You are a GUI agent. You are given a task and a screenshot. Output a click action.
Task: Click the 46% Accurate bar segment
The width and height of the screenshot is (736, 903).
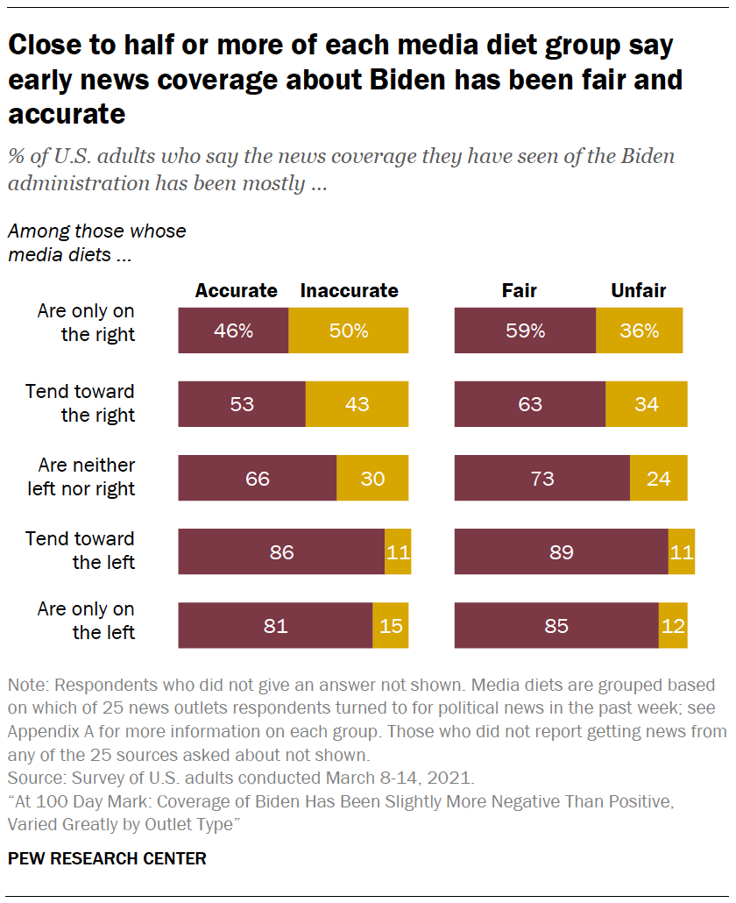[233, 331]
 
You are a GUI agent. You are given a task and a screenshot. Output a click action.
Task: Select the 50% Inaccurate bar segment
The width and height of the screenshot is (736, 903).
[348, 331]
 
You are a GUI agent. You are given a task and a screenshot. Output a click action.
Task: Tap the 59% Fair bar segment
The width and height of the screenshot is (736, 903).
[525, 331]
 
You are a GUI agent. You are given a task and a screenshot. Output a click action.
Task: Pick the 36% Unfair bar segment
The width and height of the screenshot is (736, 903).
[639, 331]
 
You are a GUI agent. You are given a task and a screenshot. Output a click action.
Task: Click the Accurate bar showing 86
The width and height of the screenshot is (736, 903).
[281, 552]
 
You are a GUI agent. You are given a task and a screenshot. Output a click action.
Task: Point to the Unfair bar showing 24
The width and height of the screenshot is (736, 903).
[658, 479]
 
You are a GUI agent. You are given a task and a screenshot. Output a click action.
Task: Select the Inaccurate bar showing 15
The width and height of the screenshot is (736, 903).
[390, 626]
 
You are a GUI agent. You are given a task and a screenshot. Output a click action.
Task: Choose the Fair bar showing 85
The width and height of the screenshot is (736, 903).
[556, 626]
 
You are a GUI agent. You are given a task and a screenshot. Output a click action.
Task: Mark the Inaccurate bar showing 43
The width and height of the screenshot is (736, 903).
[357, 405]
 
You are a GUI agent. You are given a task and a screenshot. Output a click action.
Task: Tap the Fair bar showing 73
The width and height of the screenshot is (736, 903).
[541, 479]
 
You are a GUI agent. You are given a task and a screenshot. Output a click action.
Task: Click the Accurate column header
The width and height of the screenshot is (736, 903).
[236, 291]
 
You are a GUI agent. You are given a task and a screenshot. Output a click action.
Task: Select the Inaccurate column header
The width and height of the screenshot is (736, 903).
[349, 291]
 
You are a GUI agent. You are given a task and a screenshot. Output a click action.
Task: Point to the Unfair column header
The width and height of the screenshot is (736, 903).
[638, 291]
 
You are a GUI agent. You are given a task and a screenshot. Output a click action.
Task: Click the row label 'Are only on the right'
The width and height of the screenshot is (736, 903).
[86, 323]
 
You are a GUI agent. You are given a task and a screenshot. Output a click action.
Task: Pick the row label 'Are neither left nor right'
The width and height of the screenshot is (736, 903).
[81, 477]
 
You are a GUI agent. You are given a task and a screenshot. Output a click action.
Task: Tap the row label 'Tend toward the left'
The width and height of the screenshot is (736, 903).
[81, 550]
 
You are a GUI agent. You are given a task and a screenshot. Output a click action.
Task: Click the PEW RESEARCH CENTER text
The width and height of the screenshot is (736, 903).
[108, 858]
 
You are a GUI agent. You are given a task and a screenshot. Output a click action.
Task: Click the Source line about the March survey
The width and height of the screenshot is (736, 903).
[242, 777]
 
